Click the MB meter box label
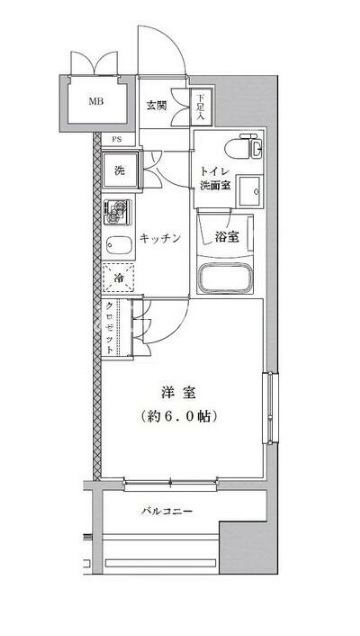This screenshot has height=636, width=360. (x=96, y=101)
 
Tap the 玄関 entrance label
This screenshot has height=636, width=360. (x=156, y=106)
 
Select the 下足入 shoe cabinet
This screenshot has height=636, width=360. (x=201, y=107)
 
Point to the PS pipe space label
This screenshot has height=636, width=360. (x=117, y=140)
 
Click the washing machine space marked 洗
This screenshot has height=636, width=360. (x=120, y=170)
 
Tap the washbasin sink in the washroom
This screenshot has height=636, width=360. (x=250, y=191)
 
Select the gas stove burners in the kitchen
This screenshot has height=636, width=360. (x=117, y=212)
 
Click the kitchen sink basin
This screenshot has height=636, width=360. (x=119, y=245)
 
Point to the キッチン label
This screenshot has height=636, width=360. (x=160, y=238)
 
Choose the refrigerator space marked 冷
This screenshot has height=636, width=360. (x=119, y=278)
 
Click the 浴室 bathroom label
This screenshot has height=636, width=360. (x=226, y=237)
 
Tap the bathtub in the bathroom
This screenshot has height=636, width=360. (x=225, y=278)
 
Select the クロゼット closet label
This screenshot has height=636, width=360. (x=109, y=328)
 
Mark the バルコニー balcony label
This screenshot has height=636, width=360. (x=167, y=511)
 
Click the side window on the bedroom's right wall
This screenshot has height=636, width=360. (x=269, y=407)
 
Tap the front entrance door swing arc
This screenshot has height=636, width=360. (x=174, y=40)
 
